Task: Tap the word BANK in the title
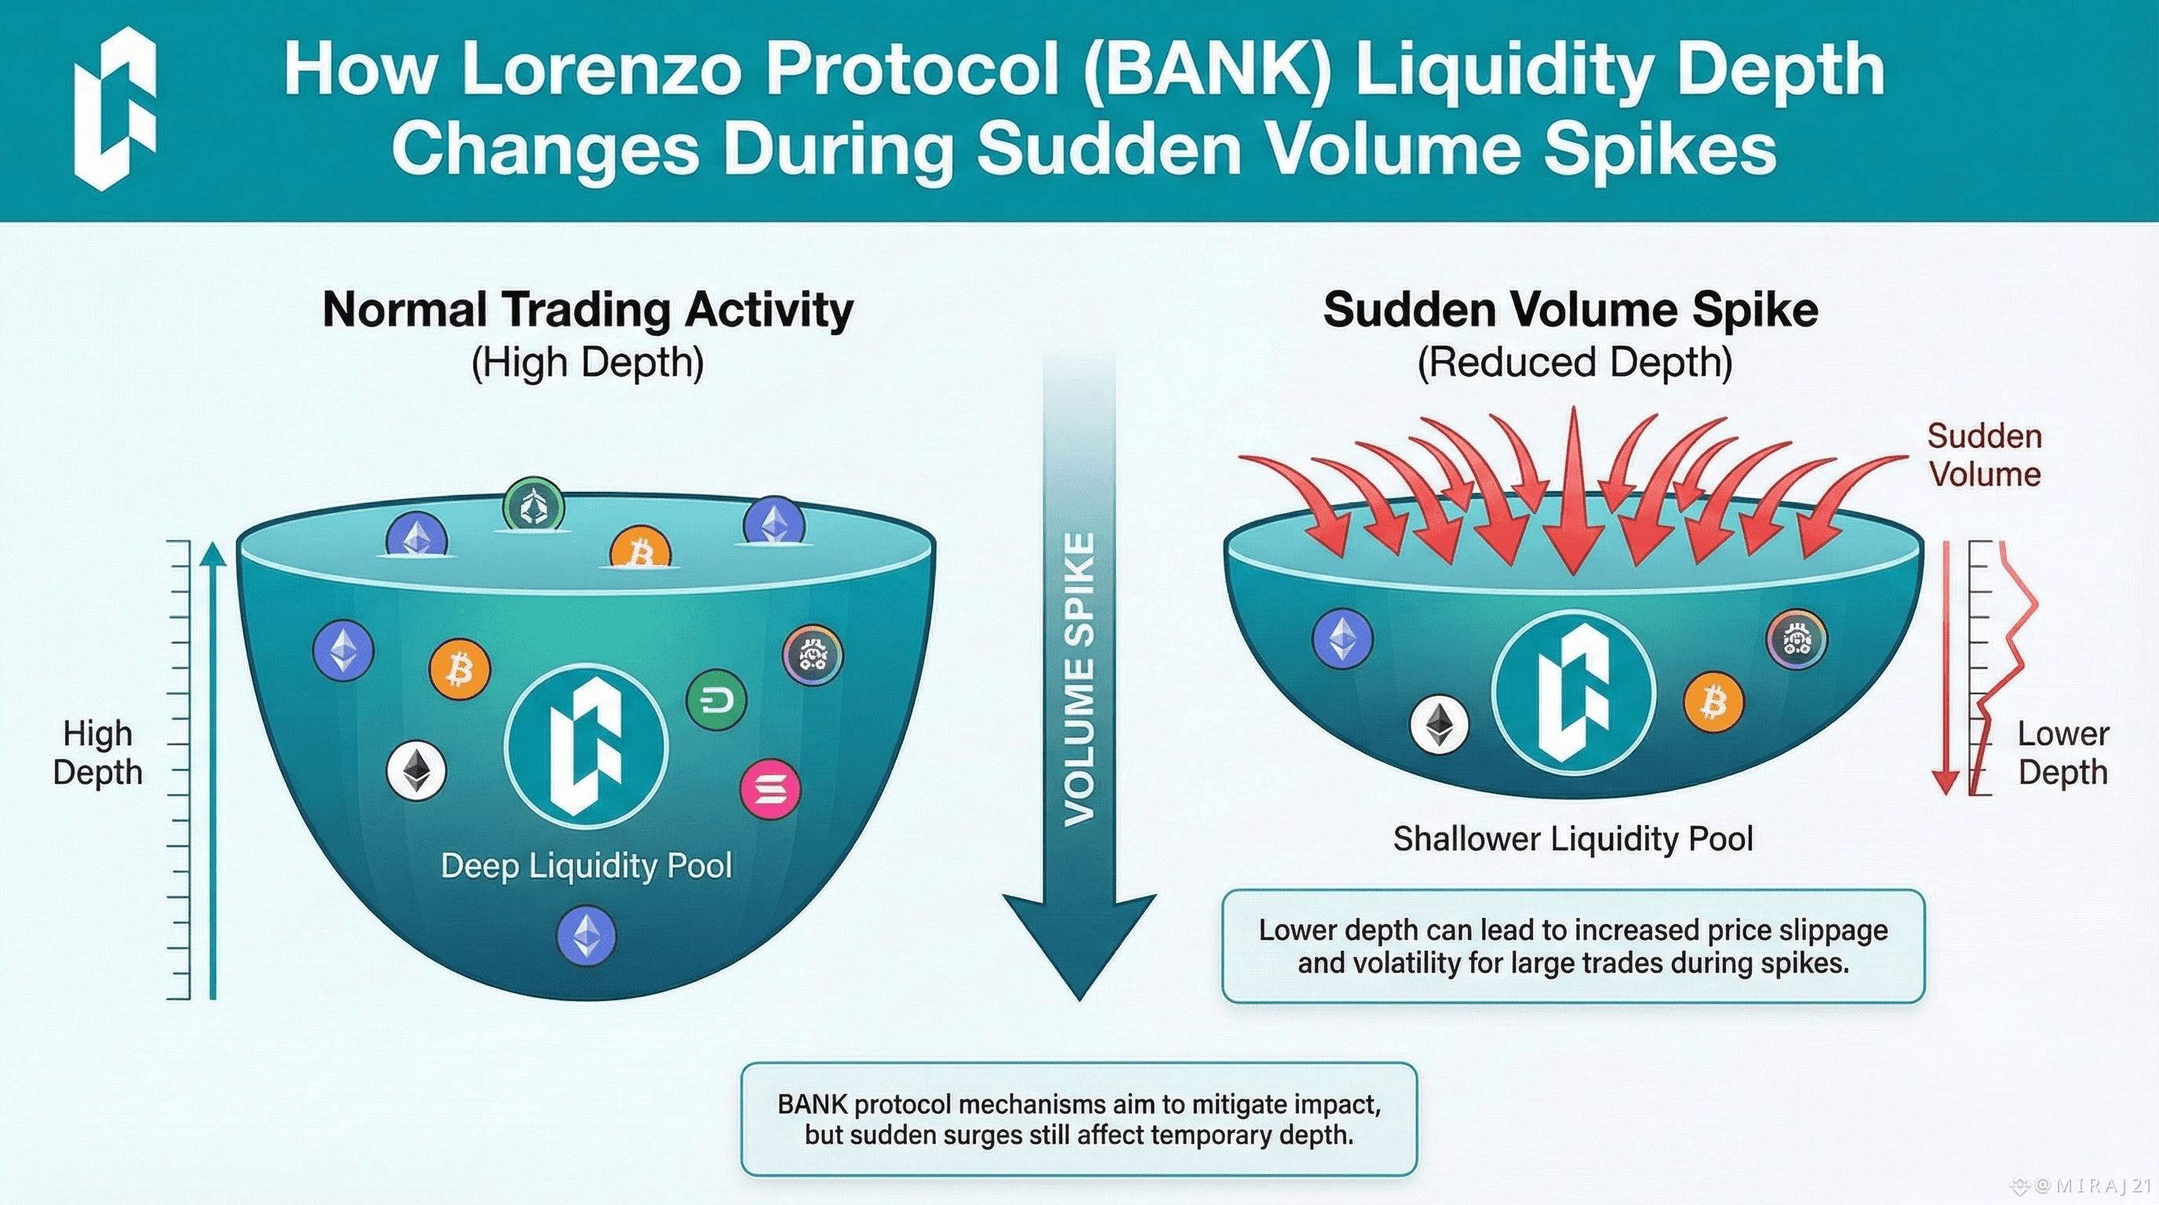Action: point(1206,69)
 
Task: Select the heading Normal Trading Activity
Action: point(588,309)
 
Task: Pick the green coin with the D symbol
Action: point(715,701)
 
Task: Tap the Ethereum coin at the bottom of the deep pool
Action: point(586,935)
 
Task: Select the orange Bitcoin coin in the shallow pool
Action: point(1713,702)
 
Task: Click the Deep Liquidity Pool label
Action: point(586,865)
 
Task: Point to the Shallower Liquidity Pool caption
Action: point(1572,839)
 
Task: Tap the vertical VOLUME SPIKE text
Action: point(1079,679)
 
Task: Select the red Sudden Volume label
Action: point(1983,455)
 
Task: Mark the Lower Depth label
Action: point(2062,752)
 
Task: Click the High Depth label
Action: point(98,752)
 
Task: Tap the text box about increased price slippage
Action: point(1572,946)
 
